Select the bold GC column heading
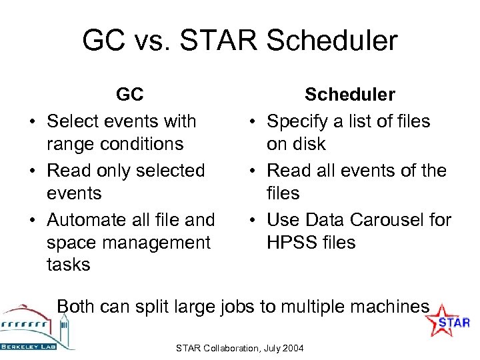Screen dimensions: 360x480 pos(129,95)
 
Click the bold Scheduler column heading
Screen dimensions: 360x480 pos(349,95)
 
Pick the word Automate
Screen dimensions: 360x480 pos(86,219)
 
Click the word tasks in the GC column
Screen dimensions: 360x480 pos(68,265)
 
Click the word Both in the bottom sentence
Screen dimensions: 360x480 pos(77,306)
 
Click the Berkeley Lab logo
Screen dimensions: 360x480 pos(37,327)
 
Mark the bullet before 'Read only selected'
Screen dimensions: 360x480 pos(31,171)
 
